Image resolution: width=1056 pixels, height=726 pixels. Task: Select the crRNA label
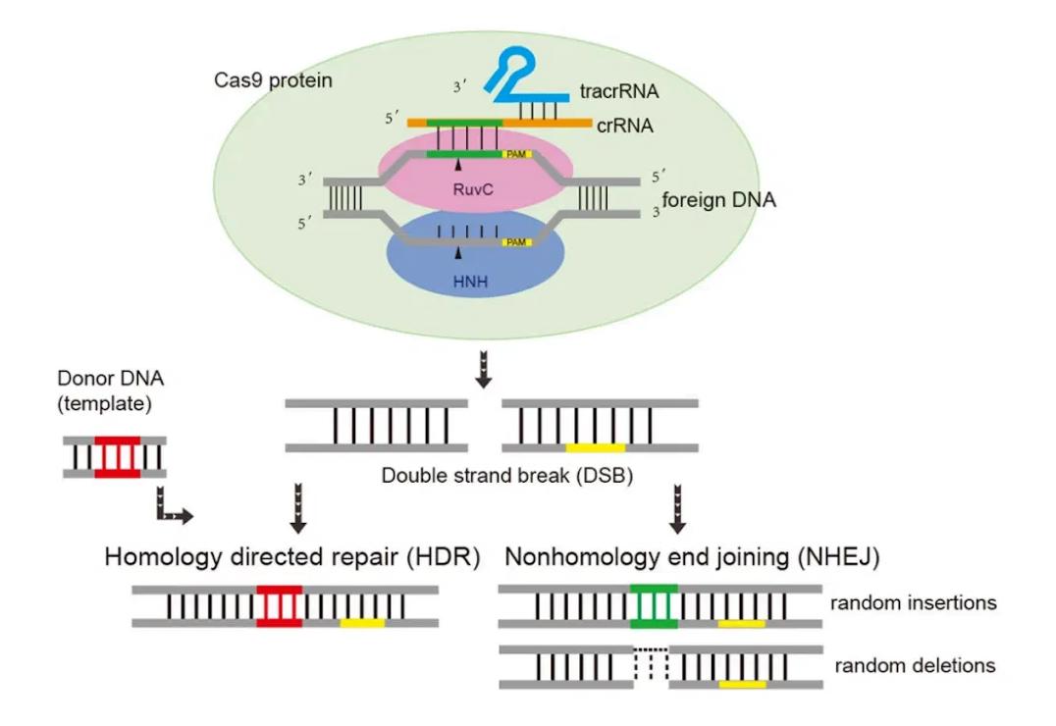click(626, 127)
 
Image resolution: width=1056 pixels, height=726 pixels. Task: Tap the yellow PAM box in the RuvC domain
click(516, 155)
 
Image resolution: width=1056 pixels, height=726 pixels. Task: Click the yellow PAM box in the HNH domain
click(516, 242)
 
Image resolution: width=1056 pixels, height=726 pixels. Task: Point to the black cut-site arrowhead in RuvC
click(456, 166)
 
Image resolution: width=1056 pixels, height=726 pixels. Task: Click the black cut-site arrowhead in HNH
click(456, 253)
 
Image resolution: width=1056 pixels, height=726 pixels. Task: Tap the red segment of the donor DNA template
click(117, 456)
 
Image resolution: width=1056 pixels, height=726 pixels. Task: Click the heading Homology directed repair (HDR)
click(291, 556)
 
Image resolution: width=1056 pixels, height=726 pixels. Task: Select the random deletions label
click(915, 666)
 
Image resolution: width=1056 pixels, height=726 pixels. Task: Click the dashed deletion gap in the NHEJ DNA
click(651, 666)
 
